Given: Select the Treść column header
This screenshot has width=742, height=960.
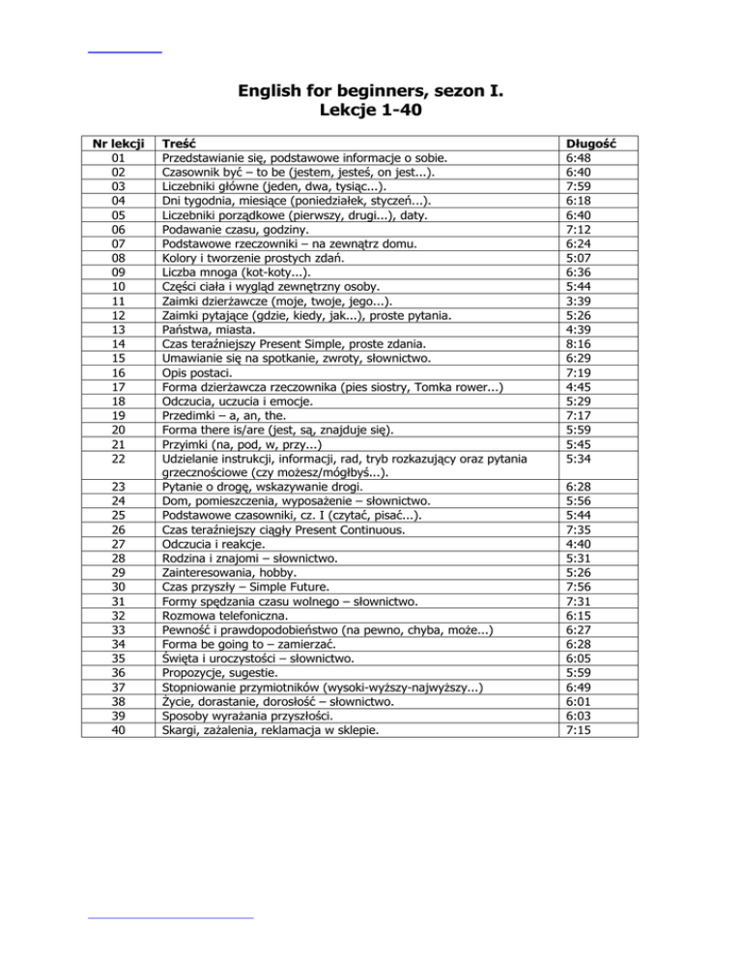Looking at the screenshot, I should (181, 142).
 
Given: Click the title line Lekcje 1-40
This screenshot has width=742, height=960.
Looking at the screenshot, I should (371, 111).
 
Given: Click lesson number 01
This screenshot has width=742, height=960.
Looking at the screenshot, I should (118, 156).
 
